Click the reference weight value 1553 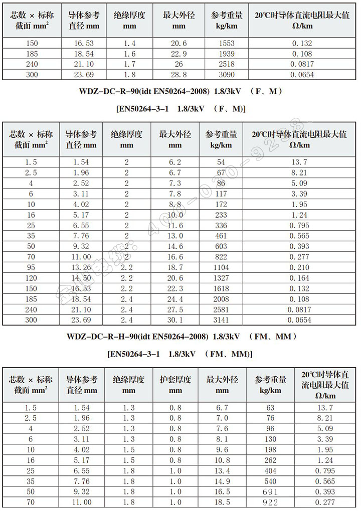click(227, 44)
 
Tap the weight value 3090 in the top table click(227, 74)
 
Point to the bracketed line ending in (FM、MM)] click(180, 354)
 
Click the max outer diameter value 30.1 click(175, 320)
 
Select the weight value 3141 click(221, 320)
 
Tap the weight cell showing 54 click(221, 162)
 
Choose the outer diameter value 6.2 click(175, 162)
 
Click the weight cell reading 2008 click(221, 299)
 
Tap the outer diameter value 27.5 click(175, 310)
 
